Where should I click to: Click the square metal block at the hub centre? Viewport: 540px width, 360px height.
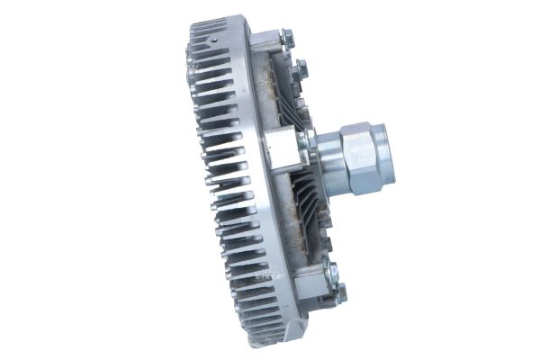[x=282, y=146]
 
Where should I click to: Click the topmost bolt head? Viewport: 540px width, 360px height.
[x=286, y=37]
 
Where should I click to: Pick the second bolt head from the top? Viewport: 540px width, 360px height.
[x=301, y=66]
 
